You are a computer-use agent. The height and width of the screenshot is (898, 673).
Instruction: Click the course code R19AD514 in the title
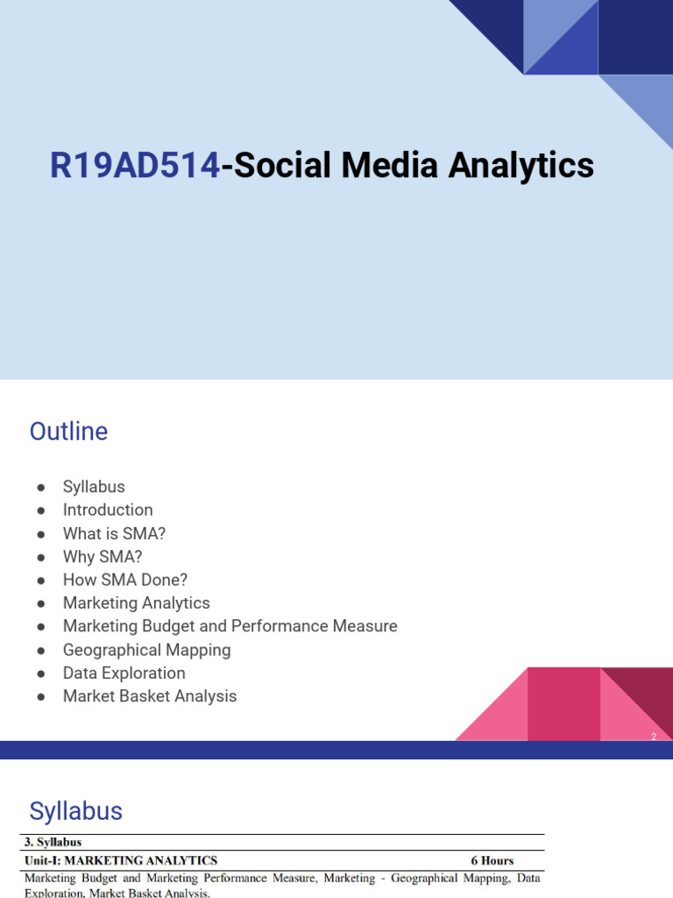tap(135, 166)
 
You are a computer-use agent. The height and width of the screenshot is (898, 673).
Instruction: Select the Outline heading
tap(68, 431)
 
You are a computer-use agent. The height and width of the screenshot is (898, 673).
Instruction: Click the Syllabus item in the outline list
tap(94, 487)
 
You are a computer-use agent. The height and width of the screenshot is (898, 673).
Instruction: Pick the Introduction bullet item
tap(108, 510)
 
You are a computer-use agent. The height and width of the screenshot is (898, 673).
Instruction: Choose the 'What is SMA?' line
tap(114, 533)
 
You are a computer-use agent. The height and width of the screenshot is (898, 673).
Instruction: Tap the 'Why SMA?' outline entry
tap(103, 557)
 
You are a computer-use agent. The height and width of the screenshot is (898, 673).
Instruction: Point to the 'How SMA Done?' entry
tap(125, 580)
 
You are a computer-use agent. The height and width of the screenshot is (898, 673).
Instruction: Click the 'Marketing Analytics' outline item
tap(137, 603)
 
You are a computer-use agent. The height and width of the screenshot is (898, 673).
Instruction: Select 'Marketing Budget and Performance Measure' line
tap(230, 626)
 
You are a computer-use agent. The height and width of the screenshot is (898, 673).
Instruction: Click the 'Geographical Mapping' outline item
tap(147, 650)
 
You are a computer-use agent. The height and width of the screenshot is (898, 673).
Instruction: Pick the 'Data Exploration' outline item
tap(124, 673)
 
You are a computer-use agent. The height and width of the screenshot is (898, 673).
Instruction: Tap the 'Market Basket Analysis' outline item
tap(150, 696)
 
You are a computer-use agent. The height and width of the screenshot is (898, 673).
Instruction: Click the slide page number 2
tap(653, 737)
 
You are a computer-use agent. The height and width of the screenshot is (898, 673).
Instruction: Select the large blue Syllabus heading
tap(76, 811)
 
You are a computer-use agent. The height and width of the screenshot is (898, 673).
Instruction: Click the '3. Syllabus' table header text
tap(53, 843)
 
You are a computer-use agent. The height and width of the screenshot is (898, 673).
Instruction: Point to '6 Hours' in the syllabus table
tap(492, 860)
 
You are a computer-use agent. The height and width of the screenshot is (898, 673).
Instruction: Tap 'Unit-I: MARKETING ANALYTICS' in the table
tap(121, 860)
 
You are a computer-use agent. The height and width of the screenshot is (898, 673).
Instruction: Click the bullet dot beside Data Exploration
tap(40, 673)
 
